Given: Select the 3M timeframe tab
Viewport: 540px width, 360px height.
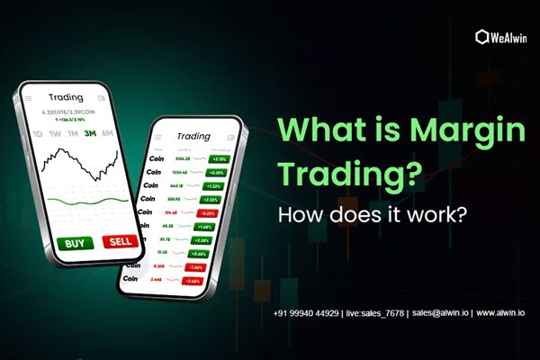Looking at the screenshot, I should (x=90, y=135).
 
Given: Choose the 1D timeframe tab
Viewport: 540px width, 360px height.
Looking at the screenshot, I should (x=37, y=135).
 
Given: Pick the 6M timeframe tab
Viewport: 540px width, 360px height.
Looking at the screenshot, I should (x=109, y=135).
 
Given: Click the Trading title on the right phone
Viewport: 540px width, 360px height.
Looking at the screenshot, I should (x=193, y=137).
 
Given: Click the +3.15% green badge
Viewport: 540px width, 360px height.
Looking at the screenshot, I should (x=220, y=157).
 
